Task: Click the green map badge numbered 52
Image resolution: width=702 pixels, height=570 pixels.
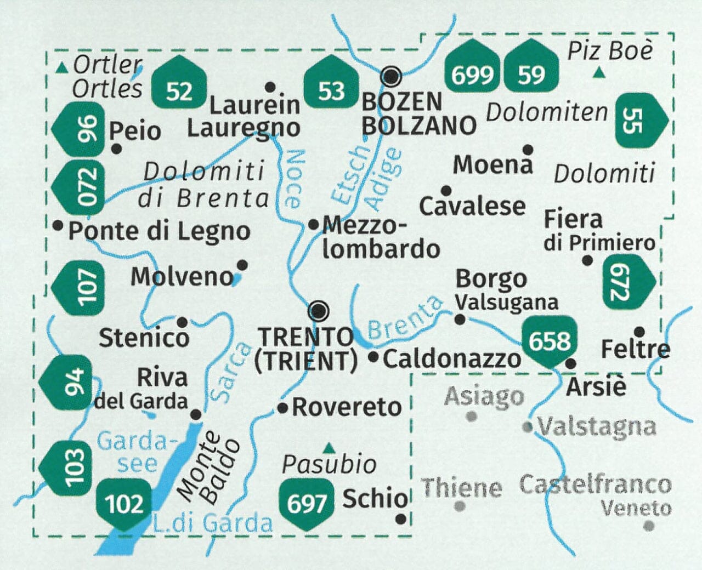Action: click(x=179, y=82)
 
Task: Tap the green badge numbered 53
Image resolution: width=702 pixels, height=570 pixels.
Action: click(x=330, y=82)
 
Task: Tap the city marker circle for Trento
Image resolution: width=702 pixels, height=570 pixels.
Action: click(x=319, y=311)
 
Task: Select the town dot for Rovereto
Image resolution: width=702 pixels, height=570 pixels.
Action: click(x=282, y=408)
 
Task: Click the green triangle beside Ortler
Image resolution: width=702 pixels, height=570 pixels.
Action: click(x=63, y=68)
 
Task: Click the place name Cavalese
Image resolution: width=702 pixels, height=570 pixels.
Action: click(x=472, y=207)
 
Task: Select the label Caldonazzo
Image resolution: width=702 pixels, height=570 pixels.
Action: click(x=452, y=359)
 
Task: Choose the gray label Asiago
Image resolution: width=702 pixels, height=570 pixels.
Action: click(x=484, y=396)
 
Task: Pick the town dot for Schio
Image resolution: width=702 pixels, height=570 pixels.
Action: click(x=402, y=518)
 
